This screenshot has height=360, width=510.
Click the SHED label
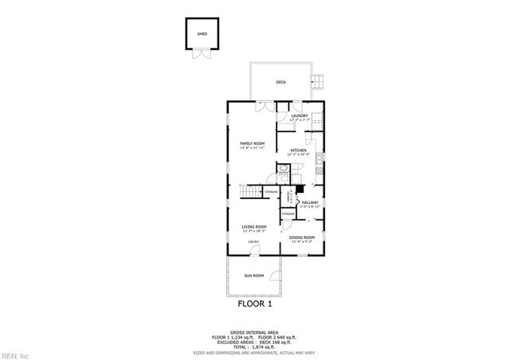point(202,33)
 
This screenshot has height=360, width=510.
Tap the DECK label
point(280,82)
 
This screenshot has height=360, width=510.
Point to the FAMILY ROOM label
point(252,144)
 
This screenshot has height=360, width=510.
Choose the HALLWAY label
point(310,203)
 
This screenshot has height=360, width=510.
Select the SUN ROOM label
point(253,276)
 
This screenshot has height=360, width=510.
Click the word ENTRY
point(253,242)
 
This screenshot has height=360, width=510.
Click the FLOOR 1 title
point(255,303)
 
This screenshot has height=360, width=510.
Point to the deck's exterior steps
point(318,80)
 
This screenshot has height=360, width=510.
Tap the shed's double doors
point(198,54)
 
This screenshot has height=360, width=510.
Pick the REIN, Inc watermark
point(16,354)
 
